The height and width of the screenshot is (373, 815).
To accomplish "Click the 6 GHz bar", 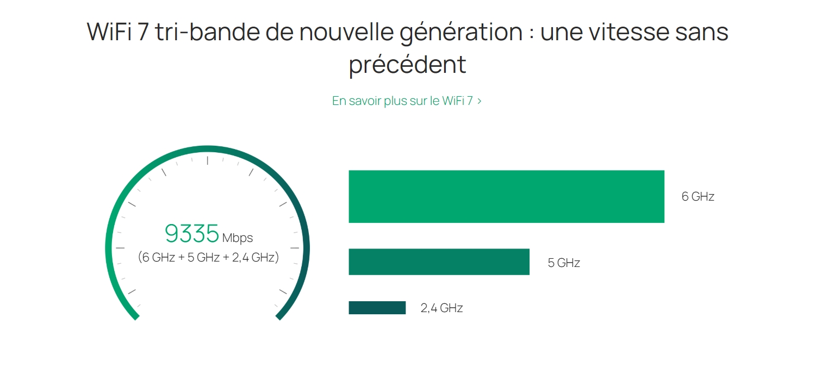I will tap(506, 196).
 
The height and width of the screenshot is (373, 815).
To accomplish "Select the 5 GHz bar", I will tap(439, 262).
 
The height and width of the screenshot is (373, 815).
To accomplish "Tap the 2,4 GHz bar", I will tap(377, 308).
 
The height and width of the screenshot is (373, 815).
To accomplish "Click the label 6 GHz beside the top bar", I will tap(698, 197).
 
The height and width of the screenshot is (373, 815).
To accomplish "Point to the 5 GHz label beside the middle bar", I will tap(564, 263).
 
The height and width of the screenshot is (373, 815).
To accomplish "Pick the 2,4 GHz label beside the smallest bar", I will tap(441, 308).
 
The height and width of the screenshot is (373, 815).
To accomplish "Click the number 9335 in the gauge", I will tap(192, 234).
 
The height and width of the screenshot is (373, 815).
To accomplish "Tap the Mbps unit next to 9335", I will tap(238, 238).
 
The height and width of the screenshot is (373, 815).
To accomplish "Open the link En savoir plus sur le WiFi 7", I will tap(402, 101).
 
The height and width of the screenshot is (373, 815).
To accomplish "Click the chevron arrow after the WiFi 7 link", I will tap(479, 101).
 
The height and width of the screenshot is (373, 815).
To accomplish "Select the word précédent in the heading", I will tap(407, 65).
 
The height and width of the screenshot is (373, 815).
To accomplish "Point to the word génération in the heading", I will tap(461, 33).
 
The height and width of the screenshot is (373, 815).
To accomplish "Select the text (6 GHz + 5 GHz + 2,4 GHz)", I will tap(208, 257).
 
